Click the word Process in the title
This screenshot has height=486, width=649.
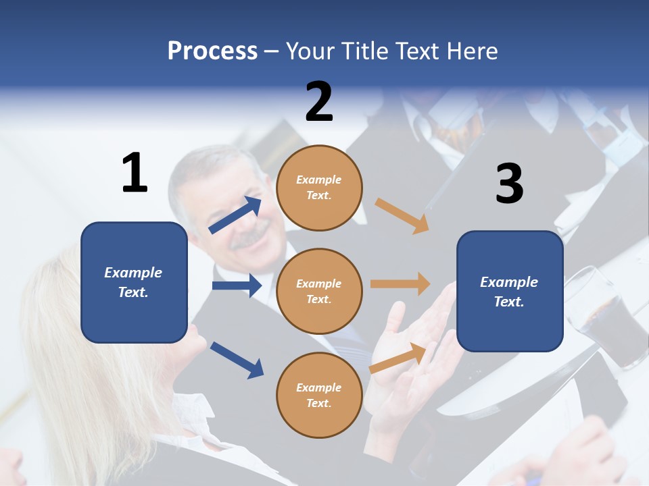(x=212, y=51)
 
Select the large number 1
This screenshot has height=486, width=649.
(x=135, y=173)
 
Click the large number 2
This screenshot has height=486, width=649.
(x=319, y=102)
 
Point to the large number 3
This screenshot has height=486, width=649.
(x=509, y=184)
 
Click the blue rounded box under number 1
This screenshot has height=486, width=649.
(x=134, y=282)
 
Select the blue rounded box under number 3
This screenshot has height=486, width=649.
(x=510, y=291)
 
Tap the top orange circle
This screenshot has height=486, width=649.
(x=319, y=188)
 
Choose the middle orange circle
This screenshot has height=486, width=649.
(x=319, y=291)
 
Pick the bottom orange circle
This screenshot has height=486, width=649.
(x=319, y=395)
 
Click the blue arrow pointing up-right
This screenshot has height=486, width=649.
(x=235, y=215)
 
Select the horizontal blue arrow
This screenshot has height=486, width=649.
(x=237, y=286)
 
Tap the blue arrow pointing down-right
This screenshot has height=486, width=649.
(x=237, y=360)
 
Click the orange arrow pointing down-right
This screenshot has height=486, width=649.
(x=402, y=216)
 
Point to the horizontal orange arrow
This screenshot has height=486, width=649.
(x=400, y=284)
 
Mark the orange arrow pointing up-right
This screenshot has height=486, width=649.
(x=398, y=358)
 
